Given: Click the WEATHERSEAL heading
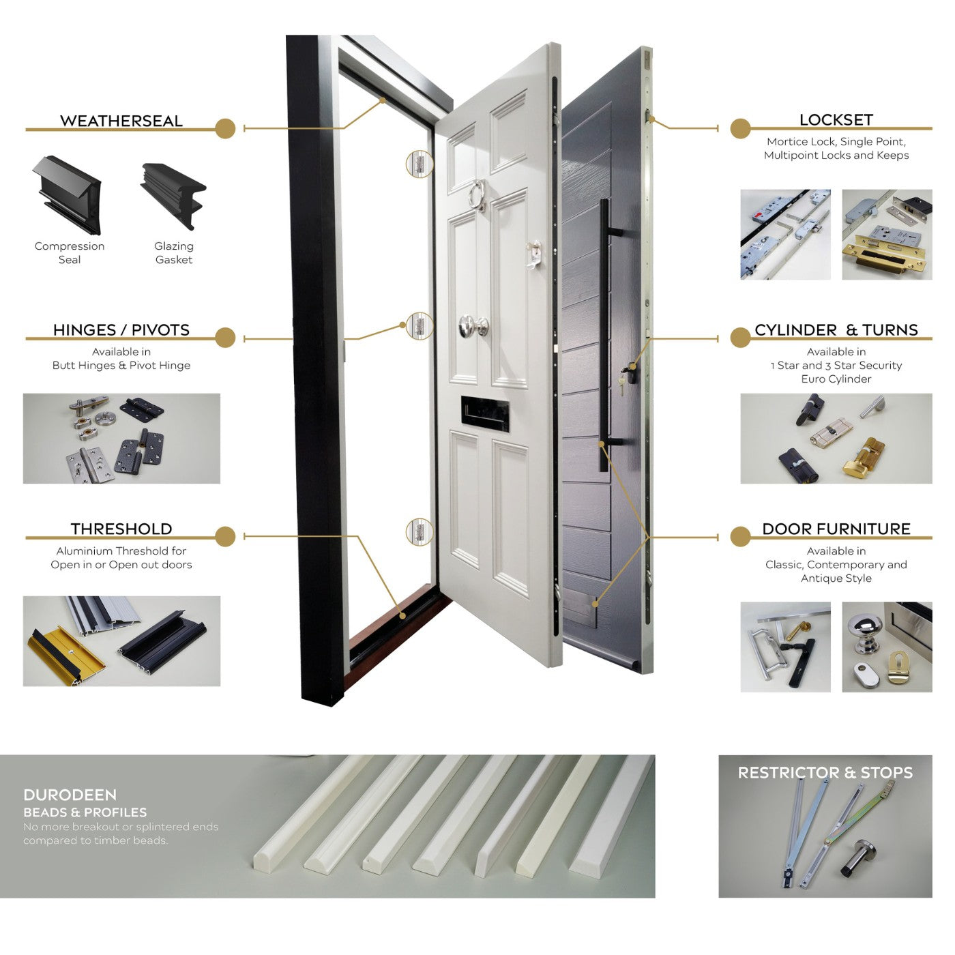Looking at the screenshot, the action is pos(121,121).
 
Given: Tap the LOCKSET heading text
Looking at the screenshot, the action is pos(836,120).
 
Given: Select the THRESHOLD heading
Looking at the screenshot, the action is pos(121,529).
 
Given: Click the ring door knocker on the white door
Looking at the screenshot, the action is pos(477,195).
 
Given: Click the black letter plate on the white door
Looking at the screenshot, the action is pos(485,414).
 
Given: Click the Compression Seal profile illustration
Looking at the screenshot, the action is pos(68,195).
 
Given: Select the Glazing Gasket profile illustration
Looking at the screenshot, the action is pos(174,195).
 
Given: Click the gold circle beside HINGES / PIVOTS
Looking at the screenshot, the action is pos(226,338).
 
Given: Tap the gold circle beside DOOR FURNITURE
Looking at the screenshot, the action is pos(740,536).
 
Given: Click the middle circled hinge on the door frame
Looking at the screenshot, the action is pos(420,326).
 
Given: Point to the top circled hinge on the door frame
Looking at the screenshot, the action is pos(420,164).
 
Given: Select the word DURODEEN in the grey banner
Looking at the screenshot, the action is pos(70,795).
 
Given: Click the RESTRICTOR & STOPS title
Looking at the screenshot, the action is pos(825,773).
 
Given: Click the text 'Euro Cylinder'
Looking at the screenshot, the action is pos(836,379).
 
